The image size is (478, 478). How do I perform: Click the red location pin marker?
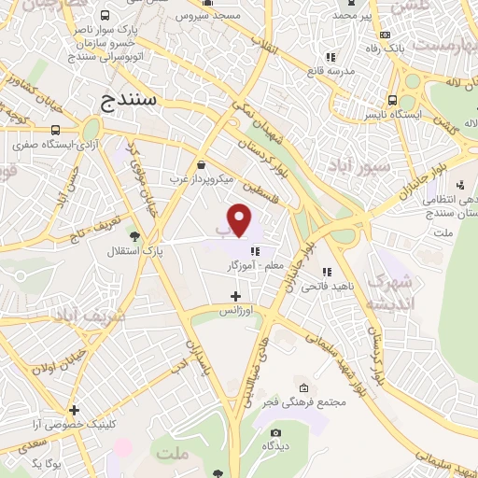click(x=241, y=219)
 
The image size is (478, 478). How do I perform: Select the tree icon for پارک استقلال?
click(x=136, y=235)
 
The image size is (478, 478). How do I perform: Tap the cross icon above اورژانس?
click(x=234, y=295)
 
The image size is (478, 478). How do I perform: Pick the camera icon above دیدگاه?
click(x=275, y=432)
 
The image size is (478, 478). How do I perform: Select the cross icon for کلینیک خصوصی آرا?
click(x=73, y=410)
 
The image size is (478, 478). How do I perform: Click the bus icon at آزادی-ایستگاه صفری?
click(x=55, y=130)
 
